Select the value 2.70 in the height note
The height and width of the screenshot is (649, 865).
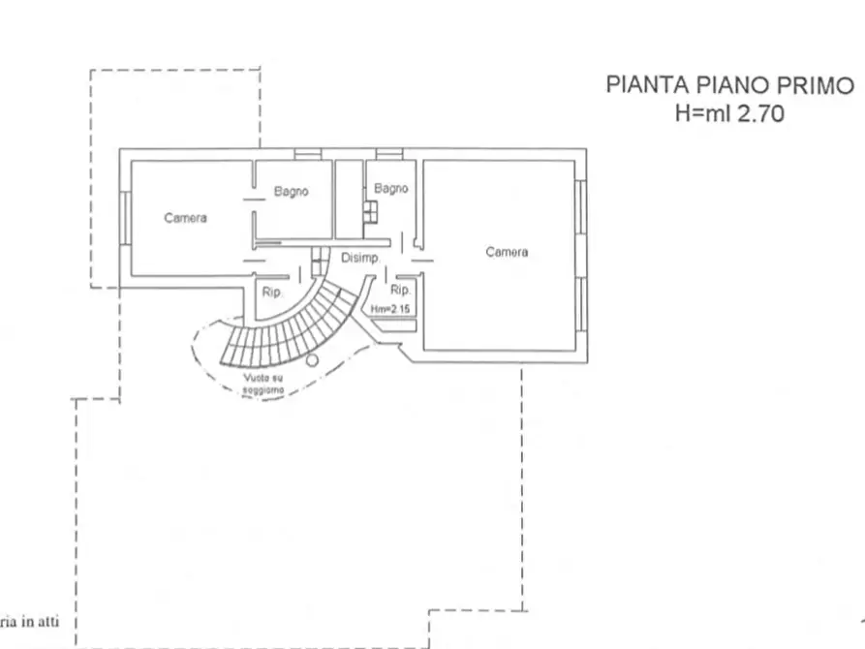[x=760, y=112]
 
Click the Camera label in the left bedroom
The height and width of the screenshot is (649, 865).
[x=185, y=219]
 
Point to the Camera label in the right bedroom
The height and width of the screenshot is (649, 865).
[x=507, y=252]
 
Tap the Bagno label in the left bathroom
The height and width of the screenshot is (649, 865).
[x=291, y=192]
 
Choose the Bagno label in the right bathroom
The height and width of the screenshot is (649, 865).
[x=391, y=189]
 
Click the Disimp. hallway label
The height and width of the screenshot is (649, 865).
[x=359, y=258]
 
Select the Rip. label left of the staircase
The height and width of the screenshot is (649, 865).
[x=271, y=292]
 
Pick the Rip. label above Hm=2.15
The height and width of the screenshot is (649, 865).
[x=400, y=290]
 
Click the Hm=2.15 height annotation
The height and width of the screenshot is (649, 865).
[x=391, y=308]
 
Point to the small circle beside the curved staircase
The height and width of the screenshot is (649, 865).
[x=312, y=360]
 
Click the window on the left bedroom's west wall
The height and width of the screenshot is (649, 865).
[x=124, y=218]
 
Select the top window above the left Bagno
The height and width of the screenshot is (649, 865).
[x=308, y=153]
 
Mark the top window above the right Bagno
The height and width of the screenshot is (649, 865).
[x=389, y=153]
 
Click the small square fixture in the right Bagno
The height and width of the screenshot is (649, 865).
[x=370, y=211]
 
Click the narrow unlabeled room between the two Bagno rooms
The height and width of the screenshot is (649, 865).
[x=348, y=199]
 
